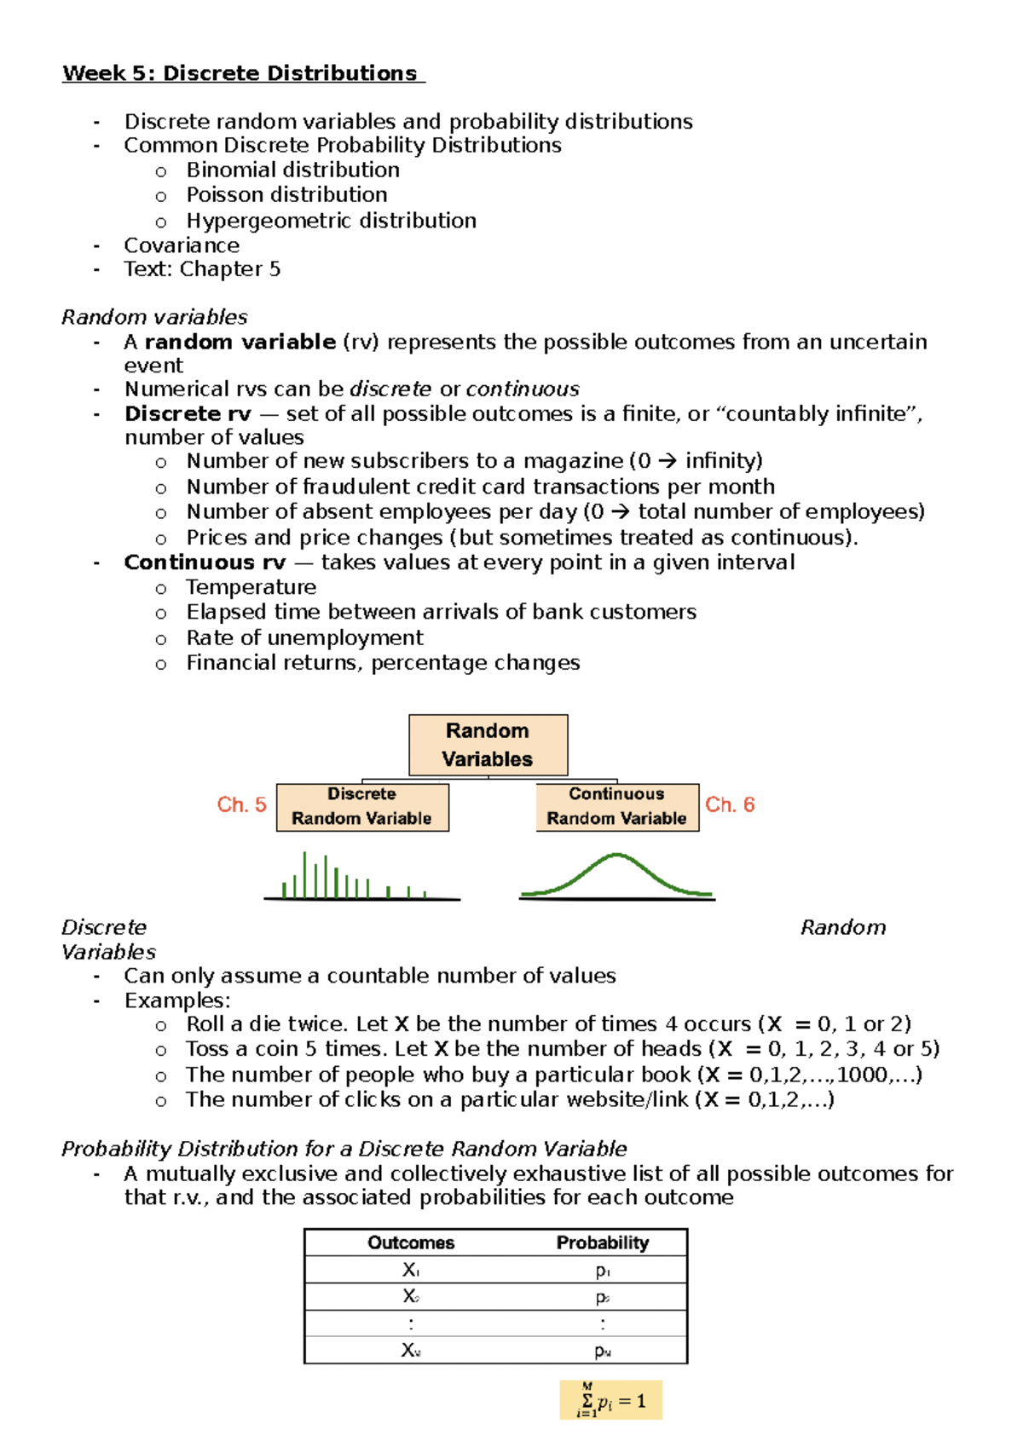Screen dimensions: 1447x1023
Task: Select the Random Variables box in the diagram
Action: point(488,745)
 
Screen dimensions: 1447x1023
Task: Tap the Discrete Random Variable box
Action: point(362,806)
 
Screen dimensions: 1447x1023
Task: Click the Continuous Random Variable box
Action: point(616,806)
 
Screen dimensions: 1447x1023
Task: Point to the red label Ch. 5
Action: point(241,804)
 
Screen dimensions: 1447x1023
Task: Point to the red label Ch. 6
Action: point(730,804)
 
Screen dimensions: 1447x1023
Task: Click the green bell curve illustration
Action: point(616,875)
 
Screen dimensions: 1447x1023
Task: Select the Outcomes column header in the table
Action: point(411,1242)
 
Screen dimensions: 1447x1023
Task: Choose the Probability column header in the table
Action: point(603,1242)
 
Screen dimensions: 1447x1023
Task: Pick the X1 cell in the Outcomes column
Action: point(411,1270)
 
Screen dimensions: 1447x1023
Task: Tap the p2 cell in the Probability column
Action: point(603,1297)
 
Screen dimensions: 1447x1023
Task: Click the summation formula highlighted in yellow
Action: point(611,1401)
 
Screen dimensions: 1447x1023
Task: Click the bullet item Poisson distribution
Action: point(286,195)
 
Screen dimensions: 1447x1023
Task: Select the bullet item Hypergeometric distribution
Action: point(331,221)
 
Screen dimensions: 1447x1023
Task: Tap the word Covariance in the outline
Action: point(182,245)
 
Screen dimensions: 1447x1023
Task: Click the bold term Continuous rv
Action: point(205,562)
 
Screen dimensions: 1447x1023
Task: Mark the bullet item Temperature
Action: point(251,587)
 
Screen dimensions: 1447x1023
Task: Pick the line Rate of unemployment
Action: point(304,638)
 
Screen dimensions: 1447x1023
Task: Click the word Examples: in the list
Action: point(177,1000)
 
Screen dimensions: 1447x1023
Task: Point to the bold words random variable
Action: point(240,342)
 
